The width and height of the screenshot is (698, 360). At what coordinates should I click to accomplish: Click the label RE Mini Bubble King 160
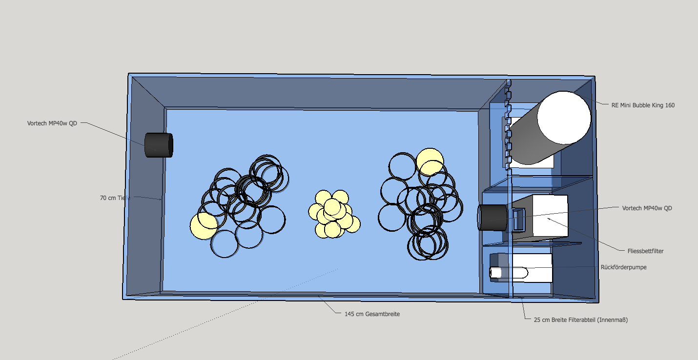[x=643, y=105]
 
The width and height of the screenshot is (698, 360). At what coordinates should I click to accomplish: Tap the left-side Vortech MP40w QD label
[x=52, y=123]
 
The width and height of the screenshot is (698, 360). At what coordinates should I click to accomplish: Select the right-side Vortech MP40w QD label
[x=647, y=208]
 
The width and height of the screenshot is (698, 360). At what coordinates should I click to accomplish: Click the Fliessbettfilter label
[x=645, y=251]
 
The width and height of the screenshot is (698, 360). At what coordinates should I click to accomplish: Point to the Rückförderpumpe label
[x=623, y=267]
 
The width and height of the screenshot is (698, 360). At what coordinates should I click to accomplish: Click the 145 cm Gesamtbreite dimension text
[x=372, y=314]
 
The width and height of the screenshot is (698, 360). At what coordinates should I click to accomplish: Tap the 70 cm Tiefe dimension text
[x=115, y=198]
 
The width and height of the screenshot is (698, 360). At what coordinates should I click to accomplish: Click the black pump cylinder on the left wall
[x=159, y=145]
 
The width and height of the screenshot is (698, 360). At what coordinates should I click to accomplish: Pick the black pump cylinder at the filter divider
[x=493, y=218]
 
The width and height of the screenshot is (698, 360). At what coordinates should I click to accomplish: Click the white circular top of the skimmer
[x=564, y=118]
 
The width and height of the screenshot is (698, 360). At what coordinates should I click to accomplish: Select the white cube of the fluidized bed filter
[x=550, y=216]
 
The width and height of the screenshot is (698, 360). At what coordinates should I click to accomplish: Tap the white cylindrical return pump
[x=509, y=273]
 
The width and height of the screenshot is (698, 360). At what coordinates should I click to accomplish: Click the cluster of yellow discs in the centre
[x=334, y=214]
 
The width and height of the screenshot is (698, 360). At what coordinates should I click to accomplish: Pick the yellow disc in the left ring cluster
[x=204, y=226]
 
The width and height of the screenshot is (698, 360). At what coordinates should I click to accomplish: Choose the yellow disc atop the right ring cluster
[x=430, y=162]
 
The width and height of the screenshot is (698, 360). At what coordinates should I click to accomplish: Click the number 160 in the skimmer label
[x=670, y=105]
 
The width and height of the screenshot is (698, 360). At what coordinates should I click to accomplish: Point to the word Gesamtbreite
[x=382, y=314]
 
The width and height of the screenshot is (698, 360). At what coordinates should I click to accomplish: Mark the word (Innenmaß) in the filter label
[x=613, y=320]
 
